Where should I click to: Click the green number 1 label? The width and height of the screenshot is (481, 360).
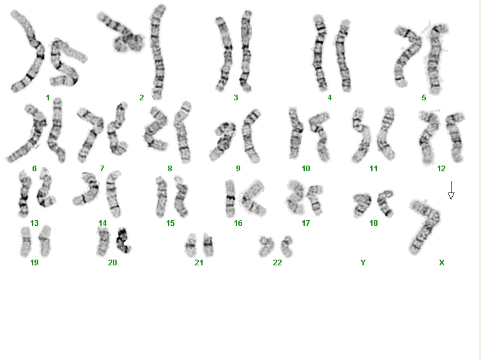[x=48, y=98]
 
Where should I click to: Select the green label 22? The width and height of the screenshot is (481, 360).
[x=277, y=262]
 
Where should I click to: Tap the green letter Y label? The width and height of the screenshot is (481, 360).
[x=363, y=262]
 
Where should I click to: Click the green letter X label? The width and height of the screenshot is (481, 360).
[x=441, y=262]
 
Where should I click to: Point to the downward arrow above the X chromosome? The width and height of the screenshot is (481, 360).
[x=451, y=190]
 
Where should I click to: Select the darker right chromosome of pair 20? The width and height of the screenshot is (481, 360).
[x=124, y=240]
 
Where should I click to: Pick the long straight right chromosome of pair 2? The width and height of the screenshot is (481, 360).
[x=157, y=52]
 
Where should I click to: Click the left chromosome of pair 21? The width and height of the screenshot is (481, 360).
[x=191, y=245]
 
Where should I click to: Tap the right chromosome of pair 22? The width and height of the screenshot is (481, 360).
[x=287, y=246]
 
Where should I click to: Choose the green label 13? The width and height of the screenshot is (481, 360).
[x=34, y=223]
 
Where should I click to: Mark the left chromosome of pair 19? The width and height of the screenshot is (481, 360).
[x=26, y=241]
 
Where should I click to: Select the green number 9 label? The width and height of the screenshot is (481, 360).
[x=238, y=168]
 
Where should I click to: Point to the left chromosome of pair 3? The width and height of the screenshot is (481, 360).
[x=224, y=54]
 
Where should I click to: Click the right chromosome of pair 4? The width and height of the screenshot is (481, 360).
[x=343, y=55]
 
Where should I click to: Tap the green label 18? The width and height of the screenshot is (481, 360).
[x=373, y=223]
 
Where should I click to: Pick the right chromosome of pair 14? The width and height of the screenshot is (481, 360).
[x=114, y=194]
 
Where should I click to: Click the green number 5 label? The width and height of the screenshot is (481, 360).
[x=424, y=98]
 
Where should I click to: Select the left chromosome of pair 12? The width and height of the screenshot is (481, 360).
[x=427, y=138]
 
